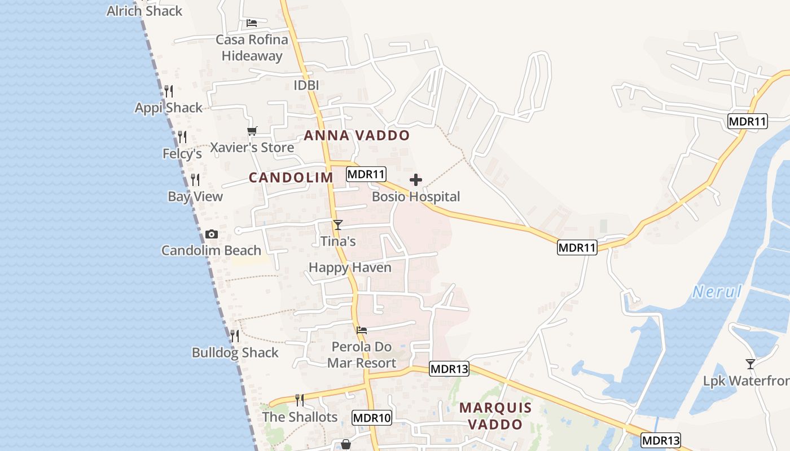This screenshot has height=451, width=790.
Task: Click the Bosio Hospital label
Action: pos(416,197)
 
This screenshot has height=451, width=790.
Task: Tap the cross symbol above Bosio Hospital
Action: pos(416,180)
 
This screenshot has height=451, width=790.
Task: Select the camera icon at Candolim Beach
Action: pos(211,234)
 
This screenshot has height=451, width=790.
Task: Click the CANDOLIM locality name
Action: pos(291,178)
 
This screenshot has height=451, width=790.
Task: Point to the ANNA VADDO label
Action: pos(357,136)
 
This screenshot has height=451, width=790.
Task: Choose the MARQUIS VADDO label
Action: pos(495,415)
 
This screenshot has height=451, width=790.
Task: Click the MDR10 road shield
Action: pos(371,418)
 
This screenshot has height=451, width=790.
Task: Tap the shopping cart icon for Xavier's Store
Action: pos(252,131)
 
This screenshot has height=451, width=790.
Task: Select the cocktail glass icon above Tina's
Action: pos(337,225)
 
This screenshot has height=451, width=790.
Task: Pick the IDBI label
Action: pos(306,85)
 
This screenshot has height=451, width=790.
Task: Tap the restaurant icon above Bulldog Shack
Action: pos(235,336)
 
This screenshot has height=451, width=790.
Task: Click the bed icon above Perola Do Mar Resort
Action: pos(362,330)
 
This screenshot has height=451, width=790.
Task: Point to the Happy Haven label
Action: pos(350,267)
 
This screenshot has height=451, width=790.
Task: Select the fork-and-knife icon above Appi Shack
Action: pos(168,91)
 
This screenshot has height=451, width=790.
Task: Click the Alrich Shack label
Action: pos(144,11)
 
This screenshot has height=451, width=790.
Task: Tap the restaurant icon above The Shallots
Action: pos(300,400)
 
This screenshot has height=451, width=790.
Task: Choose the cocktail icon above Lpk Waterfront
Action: pos(750,364)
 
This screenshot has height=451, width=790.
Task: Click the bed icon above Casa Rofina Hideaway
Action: pos(252,23)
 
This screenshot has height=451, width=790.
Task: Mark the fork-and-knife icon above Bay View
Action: pos(195,180)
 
